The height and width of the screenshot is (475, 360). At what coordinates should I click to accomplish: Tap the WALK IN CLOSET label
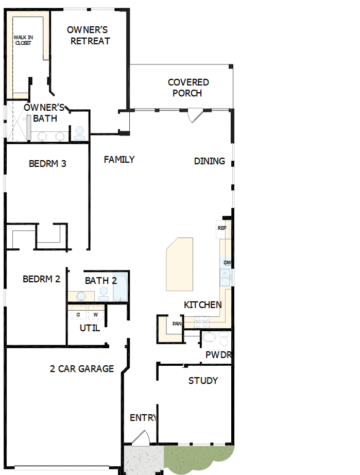[22, 40]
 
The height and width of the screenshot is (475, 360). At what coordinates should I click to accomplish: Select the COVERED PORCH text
[188, 88]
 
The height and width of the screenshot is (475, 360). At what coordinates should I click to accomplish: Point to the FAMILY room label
[119, 160]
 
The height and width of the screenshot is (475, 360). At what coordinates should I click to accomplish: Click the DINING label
[209, 161]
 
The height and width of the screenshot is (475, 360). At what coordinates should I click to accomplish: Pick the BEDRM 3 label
[47, 164]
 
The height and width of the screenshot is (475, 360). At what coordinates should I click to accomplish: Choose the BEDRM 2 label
[42, 279]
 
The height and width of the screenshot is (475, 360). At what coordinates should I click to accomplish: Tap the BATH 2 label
[100, 281]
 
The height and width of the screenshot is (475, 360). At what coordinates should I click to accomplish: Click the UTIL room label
[90, 328]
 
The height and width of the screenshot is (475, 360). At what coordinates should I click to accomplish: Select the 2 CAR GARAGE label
[81, 369]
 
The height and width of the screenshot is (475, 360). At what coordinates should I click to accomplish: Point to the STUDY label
[203, 381]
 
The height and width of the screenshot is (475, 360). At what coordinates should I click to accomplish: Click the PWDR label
[218, 355]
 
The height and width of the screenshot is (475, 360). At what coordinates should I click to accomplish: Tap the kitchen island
[180, 263]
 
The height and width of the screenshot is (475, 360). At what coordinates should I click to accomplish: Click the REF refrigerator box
[221, 228]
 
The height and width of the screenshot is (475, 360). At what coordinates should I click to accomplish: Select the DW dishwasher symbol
[227, 263]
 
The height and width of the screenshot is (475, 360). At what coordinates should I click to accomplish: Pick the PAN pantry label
[177, 324]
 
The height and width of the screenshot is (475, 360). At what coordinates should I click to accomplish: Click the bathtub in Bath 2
[119, 287]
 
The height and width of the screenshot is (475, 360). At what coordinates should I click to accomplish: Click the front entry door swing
[139, 437]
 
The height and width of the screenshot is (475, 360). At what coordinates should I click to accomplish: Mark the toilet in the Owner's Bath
[80, 133]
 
